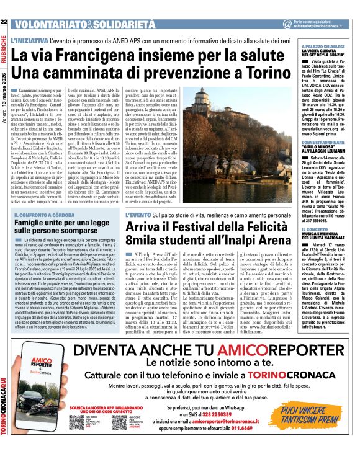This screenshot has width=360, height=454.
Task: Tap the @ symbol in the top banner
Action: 286,24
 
